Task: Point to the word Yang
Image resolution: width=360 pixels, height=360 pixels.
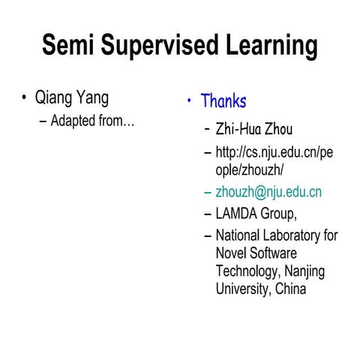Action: [x=91, y=98]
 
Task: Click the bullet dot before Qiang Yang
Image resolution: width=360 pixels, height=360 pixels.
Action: [x=25, y=98]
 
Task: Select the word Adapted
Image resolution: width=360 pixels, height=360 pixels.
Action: [x=73, y=120]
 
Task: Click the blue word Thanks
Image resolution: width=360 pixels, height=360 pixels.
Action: [x=223, y=100]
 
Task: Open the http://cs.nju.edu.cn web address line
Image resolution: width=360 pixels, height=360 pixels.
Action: [x=274, y=153]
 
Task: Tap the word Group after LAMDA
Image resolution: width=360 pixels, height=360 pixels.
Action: [x=283, y=214]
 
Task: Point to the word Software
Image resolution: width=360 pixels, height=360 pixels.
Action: [x=273, y=253]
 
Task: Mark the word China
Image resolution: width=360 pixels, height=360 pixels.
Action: [x=289, y=289]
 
